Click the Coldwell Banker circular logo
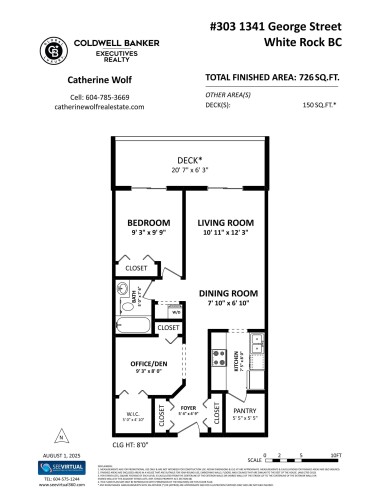coord(52,50)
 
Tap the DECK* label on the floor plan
coord(191,159)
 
